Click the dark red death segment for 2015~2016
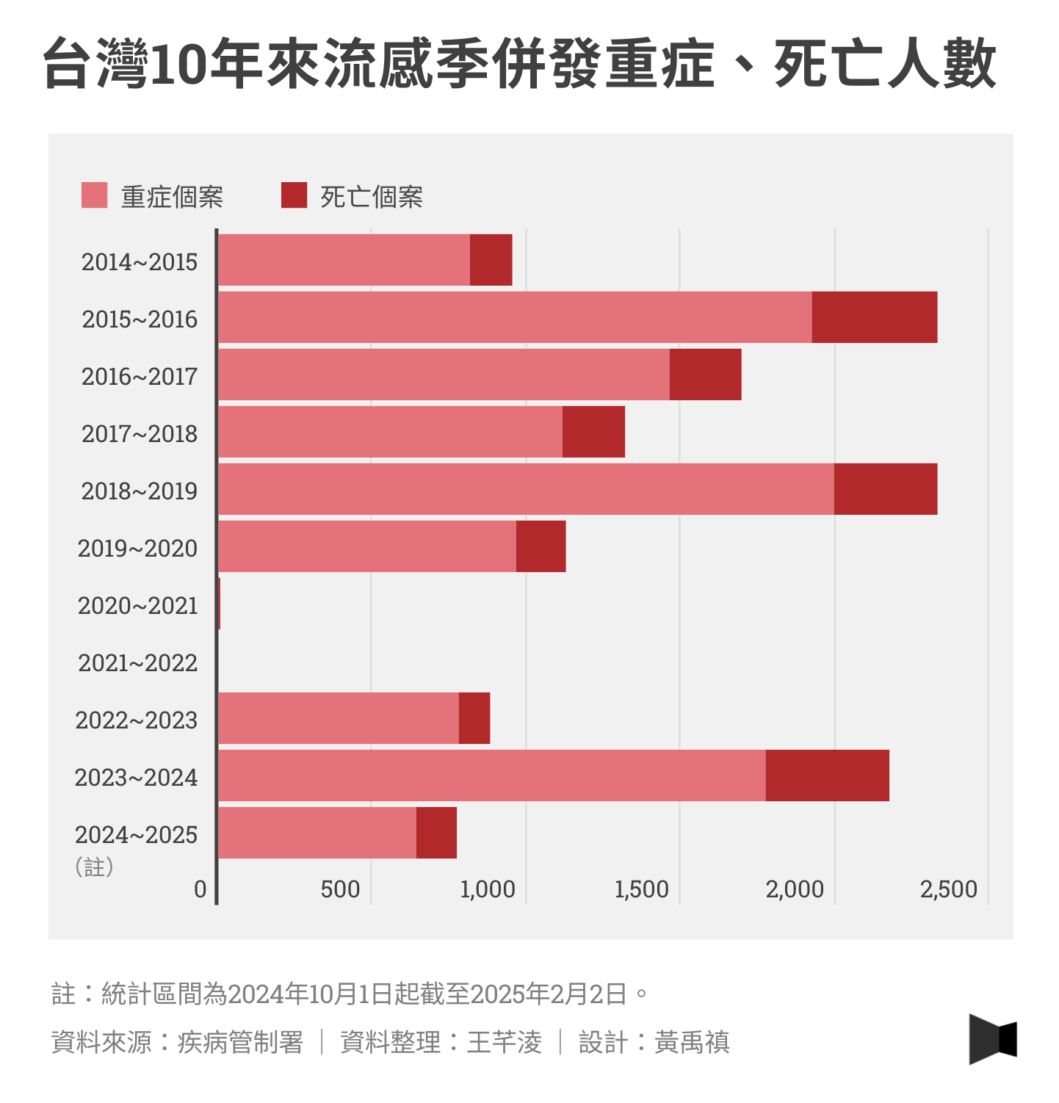coord(874,317)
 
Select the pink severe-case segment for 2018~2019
coord(526,489)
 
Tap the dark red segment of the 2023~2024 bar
coord(827,775)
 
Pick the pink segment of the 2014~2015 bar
coord(344,260)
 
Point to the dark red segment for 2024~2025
coord(436,833)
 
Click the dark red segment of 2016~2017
coord(705,375)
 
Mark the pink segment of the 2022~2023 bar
coord(339,718)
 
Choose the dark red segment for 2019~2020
coord(541,546)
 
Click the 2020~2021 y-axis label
coord(138,606)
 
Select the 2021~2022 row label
coord(138,663)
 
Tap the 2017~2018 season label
coord(140,434)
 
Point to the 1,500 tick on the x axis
coord(641,889)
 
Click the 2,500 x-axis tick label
coord(948,889)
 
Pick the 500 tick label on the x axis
coord(340,889)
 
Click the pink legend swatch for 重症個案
coord(95,195)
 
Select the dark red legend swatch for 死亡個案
coord(294,195)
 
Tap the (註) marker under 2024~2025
coord(95,867)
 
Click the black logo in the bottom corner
coord(993,1039)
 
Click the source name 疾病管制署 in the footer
coord(240,1042)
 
